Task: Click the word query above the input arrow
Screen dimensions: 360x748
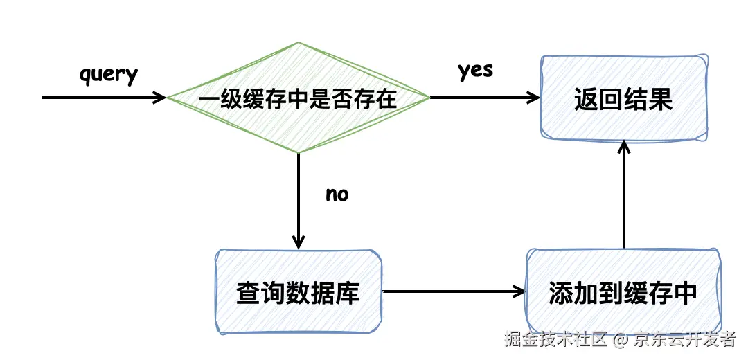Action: (x=109, y=74)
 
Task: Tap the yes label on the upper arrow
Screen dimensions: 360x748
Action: (x=475, y=71)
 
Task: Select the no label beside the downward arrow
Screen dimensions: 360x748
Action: (x=337, y=195)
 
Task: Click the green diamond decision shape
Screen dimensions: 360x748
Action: (x=298, y=98)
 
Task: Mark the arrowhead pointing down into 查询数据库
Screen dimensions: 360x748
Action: (x=299, y=242)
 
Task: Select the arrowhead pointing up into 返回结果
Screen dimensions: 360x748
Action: (x=624, y=146)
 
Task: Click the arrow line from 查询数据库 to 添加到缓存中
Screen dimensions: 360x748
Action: (x=450, y=291)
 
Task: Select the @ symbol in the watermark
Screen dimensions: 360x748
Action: (x=621, y=340)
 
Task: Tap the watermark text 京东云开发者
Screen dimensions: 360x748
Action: (x=685, y=340)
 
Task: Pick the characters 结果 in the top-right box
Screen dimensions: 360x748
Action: (x=648, y=100)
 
